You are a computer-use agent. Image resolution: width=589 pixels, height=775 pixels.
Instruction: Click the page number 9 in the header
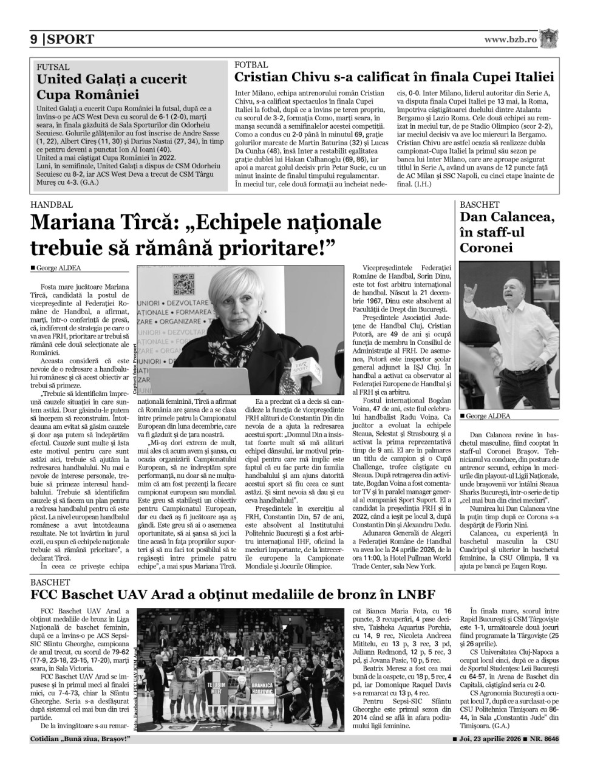(35, 40)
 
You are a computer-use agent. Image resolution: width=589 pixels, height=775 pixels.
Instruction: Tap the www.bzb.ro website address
(511, 39)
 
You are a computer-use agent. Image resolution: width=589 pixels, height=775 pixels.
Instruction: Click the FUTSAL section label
(53, 67)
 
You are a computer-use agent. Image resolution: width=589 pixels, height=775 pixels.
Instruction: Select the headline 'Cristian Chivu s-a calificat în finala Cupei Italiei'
(394, 77)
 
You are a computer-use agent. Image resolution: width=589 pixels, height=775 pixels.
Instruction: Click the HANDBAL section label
(52, 205)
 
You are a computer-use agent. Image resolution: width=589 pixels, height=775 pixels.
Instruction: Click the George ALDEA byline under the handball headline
(58, 268)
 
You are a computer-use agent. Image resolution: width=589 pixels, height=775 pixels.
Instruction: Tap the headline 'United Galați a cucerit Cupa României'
(112, 87)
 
